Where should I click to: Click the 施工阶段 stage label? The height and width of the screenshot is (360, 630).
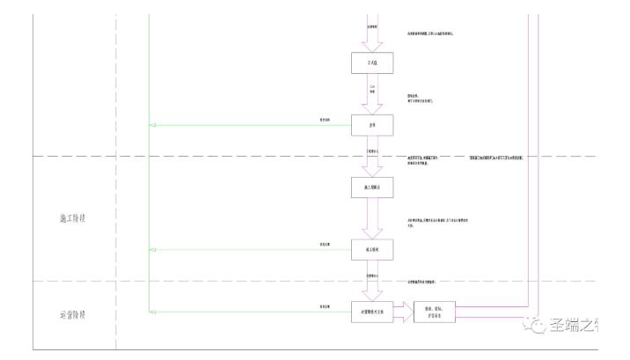point(66,218)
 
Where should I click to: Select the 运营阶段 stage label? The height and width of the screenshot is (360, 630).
point(66,314)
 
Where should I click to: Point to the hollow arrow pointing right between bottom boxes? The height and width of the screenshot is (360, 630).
point(403,311)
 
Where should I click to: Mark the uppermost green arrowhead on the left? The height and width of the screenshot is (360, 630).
point(154,125)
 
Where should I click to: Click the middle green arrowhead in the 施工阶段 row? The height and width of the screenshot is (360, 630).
point(154,250)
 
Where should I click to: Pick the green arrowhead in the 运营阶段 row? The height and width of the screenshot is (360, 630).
point(154,311)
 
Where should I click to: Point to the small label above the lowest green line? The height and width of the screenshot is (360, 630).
point(325,305)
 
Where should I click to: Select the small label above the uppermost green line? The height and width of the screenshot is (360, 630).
point(325,120)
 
